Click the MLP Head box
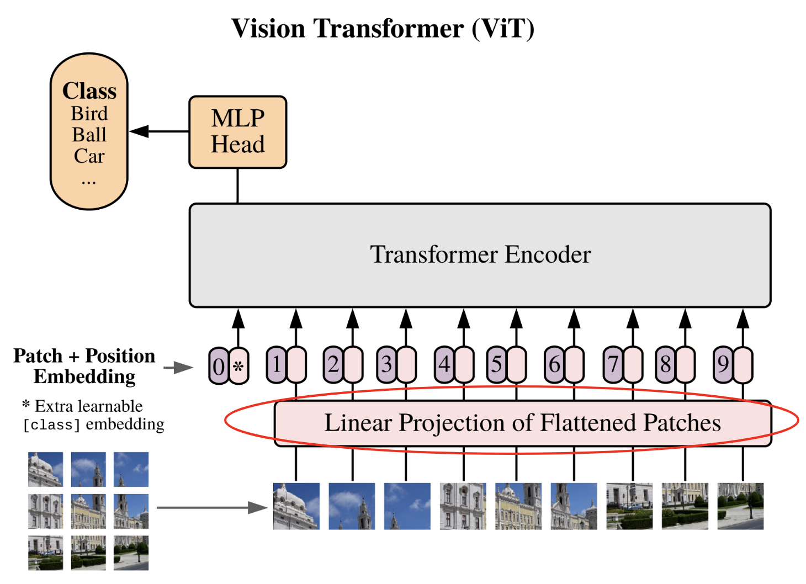[237, 132]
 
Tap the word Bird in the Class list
[89, 114]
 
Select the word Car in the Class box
[89, 156]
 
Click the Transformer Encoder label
[480, 254]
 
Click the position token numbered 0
[219, 366]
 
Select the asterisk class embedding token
[238, 366]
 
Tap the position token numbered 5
[497, 365]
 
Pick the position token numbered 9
[723, 365]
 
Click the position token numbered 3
[386, 365]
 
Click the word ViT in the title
[502, 29]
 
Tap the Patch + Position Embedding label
[84, 366]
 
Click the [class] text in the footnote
[51, 424]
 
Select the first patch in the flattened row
[296, 506]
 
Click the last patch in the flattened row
[740, 506]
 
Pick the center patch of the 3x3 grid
[88, 511]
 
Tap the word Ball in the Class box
[89, 135]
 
